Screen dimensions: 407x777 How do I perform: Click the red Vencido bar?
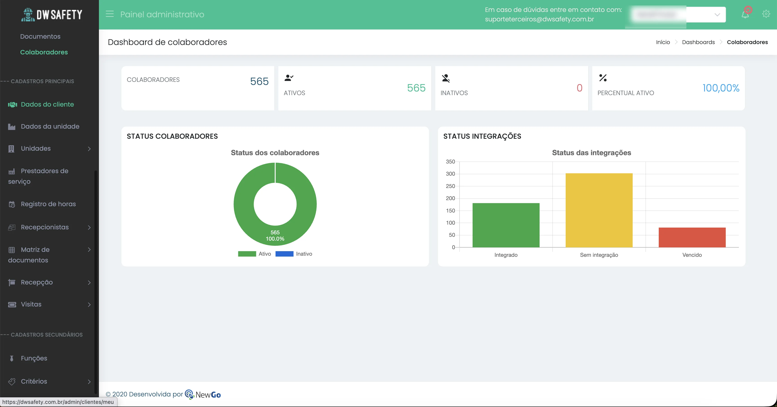tap(692, 237)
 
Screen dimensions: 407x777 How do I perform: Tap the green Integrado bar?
tap(506, 225)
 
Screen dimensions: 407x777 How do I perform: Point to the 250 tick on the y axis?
tap(450, 186)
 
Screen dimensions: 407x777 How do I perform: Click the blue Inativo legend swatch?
tap(284, 254)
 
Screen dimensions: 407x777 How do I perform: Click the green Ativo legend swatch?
tap(247, 254)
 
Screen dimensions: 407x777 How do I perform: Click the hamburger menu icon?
tap(109, 14)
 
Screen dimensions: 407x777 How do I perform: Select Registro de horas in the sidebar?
tap(48, 204)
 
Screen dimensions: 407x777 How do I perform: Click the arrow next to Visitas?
tap(89, 304)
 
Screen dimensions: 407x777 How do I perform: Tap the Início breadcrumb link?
tap(663, 42)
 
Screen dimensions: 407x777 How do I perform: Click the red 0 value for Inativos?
tap(579, 88)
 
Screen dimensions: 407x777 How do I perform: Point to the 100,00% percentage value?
tap(721, 88)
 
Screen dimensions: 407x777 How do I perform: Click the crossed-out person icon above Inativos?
tap(446, 78)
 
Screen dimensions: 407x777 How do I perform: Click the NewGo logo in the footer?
tap(203, 394)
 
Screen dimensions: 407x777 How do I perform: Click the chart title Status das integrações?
tap(591, 153)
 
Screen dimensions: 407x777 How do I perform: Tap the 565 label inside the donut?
tap(275, 232)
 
